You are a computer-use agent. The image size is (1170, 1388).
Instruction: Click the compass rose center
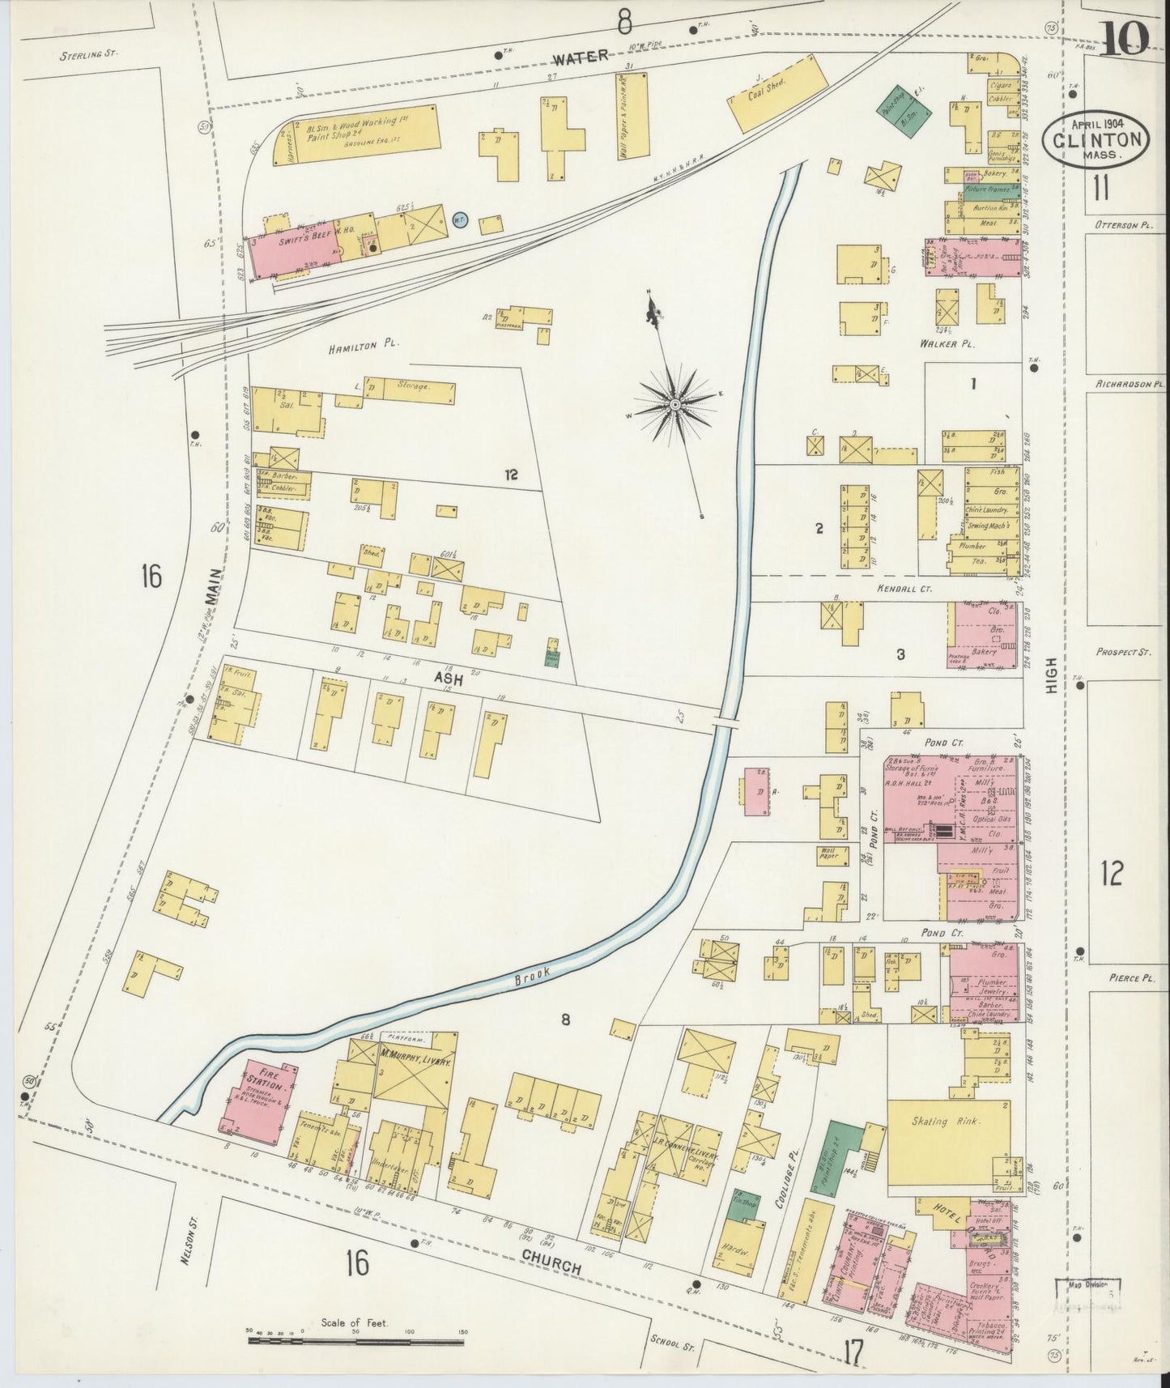coord(674,402)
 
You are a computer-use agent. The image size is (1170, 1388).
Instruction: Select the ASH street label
coord(448,680)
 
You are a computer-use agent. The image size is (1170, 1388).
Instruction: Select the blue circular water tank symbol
coord(459,220)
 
